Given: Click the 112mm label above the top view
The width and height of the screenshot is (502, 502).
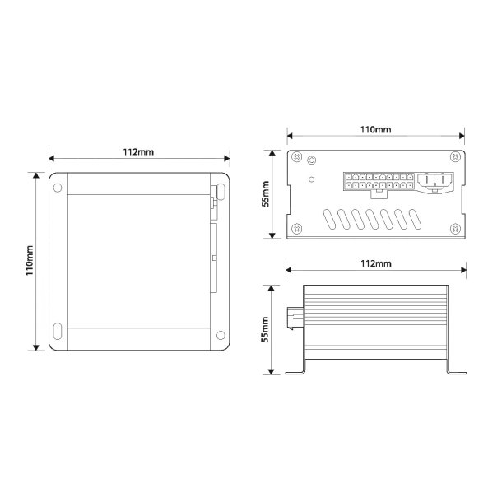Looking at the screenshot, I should click(138, 151).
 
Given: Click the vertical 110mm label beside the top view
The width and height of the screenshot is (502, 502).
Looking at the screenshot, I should click(29, 261).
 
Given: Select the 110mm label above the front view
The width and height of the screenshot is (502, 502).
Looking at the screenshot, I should click(376, 130).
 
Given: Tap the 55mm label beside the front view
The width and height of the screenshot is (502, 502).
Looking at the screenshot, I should click(266, 194).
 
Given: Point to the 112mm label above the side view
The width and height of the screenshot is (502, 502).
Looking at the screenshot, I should click(376, 263).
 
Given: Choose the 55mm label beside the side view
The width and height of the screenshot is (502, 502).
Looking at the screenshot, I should click(266, 330).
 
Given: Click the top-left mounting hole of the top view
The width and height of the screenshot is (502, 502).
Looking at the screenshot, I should click(58, 187).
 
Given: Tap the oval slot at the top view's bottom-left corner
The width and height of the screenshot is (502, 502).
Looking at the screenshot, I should click(58, 333).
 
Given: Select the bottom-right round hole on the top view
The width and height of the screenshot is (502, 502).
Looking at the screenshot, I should click(219, 334).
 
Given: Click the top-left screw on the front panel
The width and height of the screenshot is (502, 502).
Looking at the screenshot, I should click(298, 160).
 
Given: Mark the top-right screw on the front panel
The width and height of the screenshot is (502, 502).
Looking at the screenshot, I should click(454, 160).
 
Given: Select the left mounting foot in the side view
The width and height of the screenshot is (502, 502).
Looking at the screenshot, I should click(296, 370).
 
